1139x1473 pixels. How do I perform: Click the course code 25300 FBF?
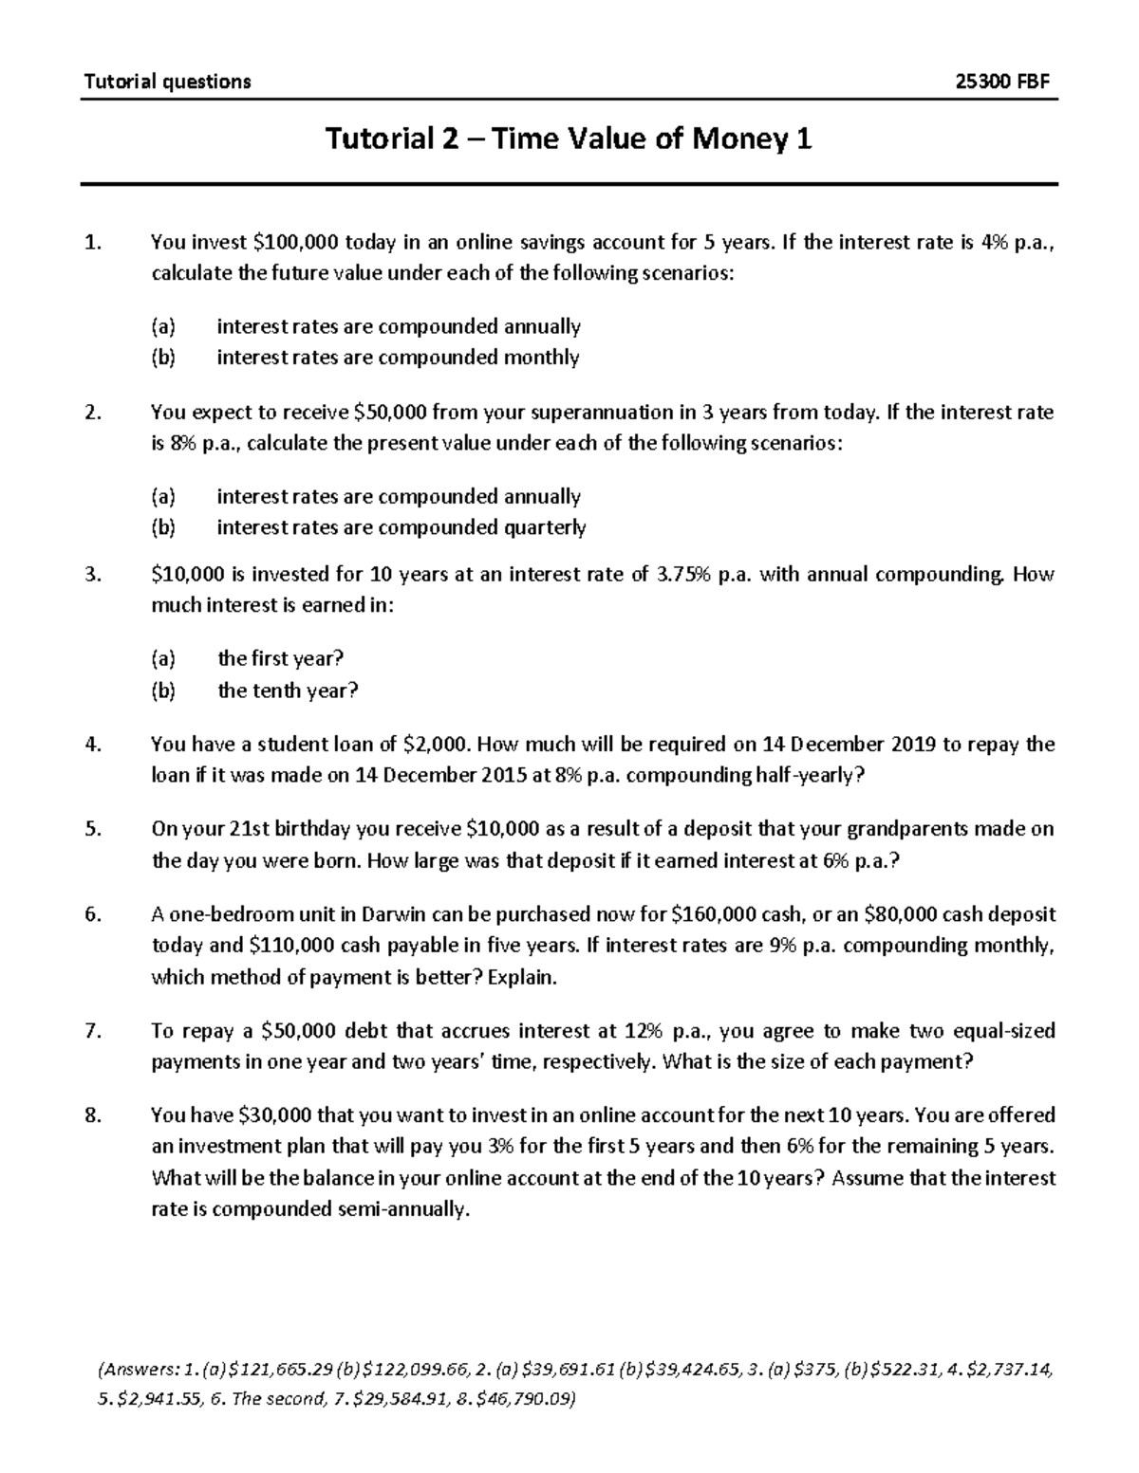pos(1003,82)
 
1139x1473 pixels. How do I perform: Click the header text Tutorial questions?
pos(168,82)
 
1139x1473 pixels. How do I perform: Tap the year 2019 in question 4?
pos(912,745)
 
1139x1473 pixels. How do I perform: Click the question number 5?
pos(91,829)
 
